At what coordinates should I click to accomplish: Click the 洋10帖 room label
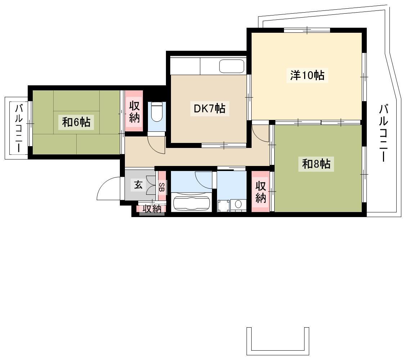click(307, 75)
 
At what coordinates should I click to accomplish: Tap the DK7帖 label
click(209, 108)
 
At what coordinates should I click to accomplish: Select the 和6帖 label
click(76, 122)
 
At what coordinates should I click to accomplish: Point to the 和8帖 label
click(316, 164)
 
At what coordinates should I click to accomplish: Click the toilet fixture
click(157, 112)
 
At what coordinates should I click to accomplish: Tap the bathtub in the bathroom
click(191, 203)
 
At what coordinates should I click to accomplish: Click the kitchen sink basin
click(232, 66)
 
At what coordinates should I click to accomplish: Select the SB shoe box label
click(162, 187)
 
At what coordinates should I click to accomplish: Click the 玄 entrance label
click(138, 185)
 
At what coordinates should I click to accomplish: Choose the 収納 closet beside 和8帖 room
click(261, 192)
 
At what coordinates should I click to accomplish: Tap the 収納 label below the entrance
click(152, 209)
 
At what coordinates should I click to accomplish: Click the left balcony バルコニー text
click(19, 128)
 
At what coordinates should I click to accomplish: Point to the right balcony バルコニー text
click(383, 132)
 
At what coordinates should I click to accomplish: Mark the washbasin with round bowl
click(238, 204)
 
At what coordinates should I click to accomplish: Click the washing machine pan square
click(224, 206)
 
